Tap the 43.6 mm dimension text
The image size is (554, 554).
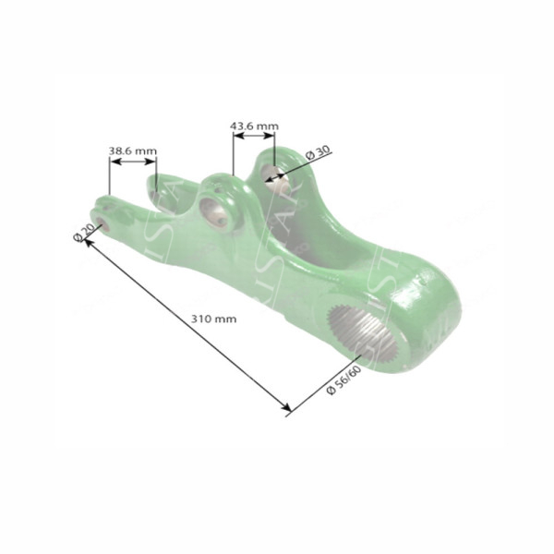coord(254,125)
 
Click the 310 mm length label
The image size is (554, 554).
coord(213,319)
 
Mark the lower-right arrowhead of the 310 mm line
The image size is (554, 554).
coord(287,408)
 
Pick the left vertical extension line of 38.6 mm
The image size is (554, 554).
coord(110,177)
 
